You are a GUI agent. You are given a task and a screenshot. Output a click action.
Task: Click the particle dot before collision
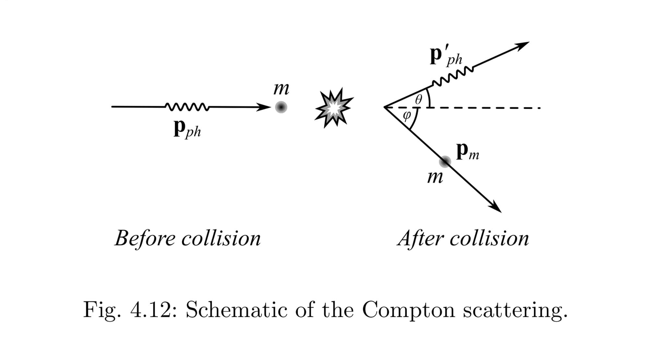coord(281,107)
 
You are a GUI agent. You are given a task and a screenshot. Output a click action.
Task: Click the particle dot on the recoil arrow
coord(445,161)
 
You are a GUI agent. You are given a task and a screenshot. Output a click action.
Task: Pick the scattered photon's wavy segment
coord(452,77)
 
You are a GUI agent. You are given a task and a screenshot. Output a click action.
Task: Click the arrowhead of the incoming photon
coord(264,107)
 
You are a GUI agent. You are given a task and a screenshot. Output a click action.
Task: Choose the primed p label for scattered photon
coord(446,57)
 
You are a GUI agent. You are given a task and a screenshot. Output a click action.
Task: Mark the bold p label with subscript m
coord(467,152)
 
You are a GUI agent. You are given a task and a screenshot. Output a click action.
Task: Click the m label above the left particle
coord(281,89)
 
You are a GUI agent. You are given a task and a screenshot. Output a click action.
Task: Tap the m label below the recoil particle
coord(435,178)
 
